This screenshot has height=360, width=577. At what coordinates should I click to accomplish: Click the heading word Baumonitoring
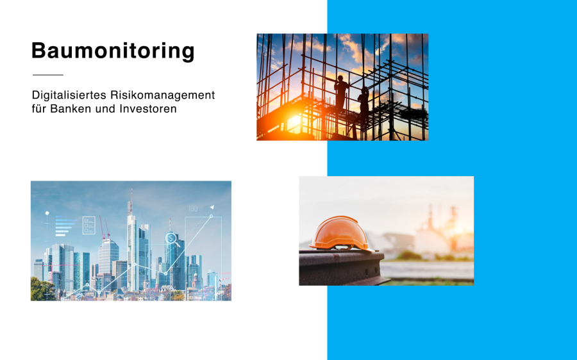(113, 51)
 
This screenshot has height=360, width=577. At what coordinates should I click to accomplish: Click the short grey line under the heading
(48, 75)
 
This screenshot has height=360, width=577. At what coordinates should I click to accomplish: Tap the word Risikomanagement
(162, 95)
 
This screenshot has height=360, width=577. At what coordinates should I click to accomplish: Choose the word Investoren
(148, 109)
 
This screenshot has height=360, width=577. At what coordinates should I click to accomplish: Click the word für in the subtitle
(39, 109)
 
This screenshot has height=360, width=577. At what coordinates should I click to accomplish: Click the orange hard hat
(341, 234)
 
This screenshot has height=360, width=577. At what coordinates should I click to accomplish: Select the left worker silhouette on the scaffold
(341, 93)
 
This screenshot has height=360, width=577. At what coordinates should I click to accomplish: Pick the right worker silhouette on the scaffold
(364, 102)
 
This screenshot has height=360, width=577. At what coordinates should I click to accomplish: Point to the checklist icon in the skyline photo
(88, 225)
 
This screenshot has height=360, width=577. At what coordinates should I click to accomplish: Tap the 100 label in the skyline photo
(194, 208)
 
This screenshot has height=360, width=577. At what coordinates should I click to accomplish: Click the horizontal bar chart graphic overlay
(66, 226)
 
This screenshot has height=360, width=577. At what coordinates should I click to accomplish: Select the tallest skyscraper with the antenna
(131, 247)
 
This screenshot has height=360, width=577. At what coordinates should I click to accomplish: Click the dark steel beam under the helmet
(342, 268)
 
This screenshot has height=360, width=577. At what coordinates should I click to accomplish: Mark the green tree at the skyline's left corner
(42, 290)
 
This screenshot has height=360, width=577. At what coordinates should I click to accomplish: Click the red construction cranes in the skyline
(104, 227)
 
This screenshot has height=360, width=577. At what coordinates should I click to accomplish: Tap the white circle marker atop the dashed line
(47, 213)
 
